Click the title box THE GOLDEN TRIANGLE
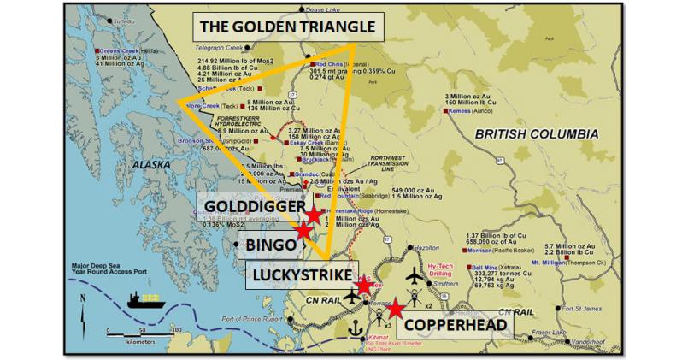tap(287, 26)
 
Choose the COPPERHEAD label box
tap(451, 326)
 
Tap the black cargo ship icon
tap(146, 300)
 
